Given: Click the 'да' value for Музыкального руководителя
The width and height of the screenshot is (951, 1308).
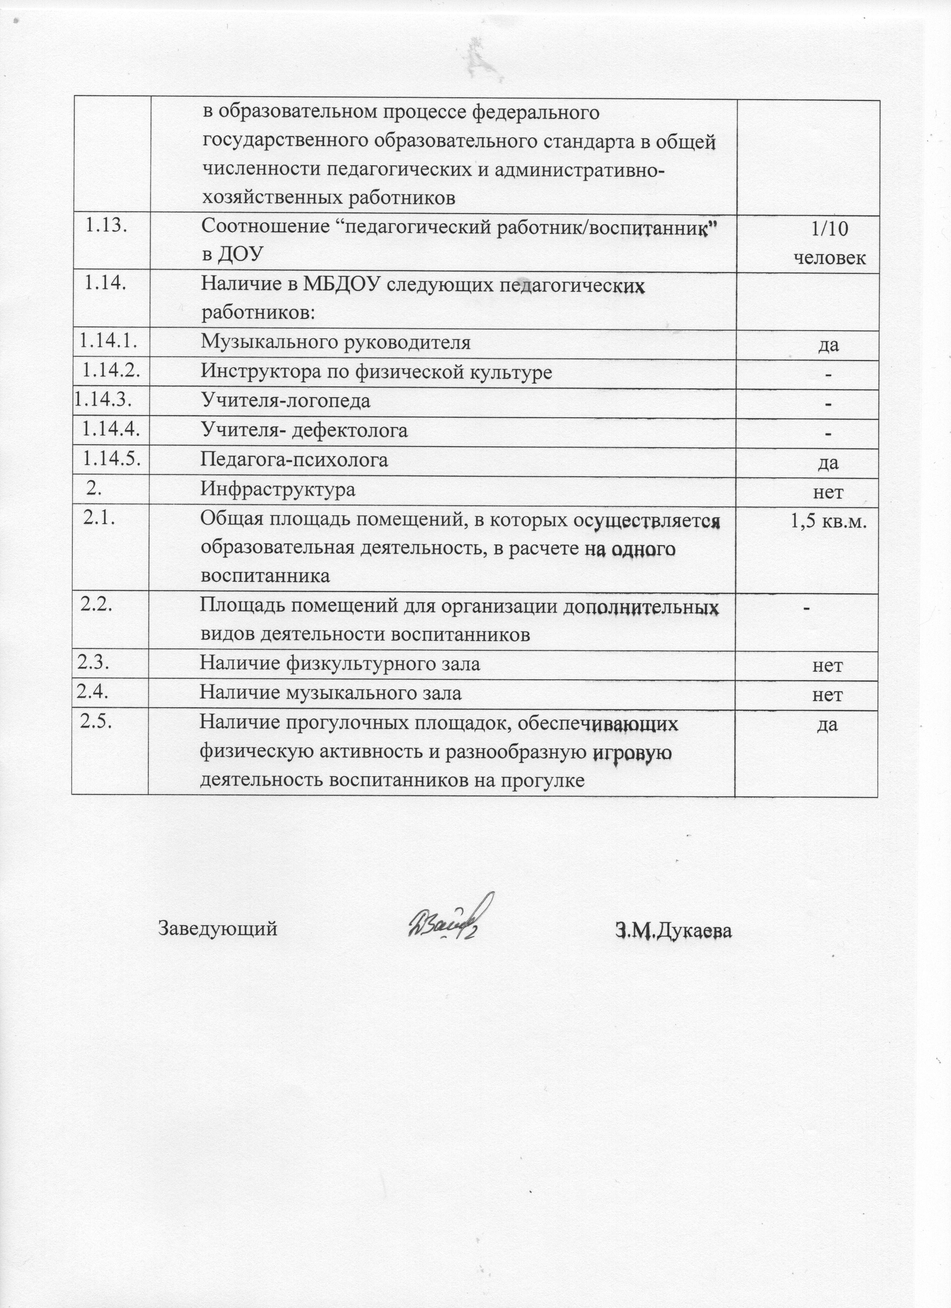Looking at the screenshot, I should click(829, 345).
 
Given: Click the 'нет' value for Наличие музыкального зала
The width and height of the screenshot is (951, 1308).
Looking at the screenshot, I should click(827, 695).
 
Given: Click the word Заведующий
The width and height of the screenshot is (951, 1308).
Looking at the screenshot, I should click(217, 929).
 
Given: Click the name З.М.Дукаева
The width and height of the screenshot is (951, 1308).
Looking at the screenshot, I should click(673, 931).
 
